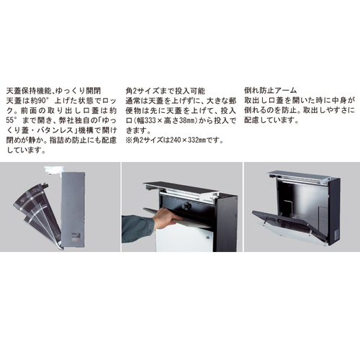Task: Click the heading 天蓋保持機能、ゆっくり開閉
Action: [53, 91]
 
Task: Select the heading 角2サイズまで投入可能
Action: [166, 91]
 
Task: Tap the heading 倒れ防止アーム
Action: [271, 91]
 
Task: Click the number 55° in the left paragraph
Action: [12, 120]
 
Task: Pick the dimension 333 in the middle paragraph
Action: [150, 120]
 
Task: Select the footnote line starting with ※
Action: [174, 140]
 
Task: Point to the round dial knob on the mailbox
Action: [186, 206]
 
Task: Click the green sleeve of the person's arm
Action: [138, 228]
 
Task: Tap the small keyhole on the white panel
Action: [207, 238]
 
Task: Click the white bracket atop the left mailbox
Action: [54, 170]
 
